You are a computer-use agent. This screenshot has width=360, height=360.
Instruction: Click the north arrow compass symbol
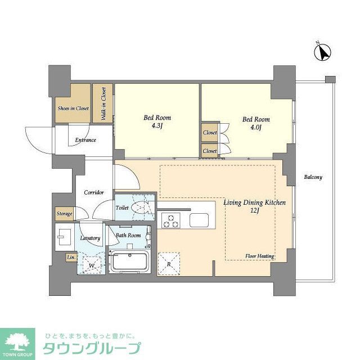coord(322,52)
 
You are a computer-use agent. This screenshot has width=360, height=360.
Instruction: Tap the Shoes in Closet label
coord(73,108)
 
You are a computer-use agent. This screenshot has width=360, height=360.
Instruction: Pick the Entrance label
coord(85,140)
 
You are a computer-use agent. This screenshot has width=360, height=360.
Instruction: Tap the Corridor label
coord(94,192)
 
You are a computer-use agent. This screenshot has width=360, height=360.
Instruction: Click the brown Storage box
coord(64,214)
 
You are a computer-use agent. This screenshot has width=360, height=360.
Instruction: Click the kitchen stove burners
coord(170,220)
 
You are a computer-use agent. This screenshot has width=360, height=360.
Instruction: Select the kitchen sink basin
coord(199,220)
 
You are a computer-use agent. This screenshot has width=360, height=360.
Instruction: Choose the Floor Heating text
coord(259,256)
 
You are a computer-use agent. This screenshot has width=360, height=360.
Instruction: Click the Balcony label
coord(313,177)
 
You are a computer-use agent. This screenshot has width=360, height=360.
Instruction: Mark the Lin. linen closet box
coord(71,258)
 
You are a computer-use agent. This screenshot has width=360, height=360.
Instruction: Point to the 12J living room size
coord(254,210)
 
